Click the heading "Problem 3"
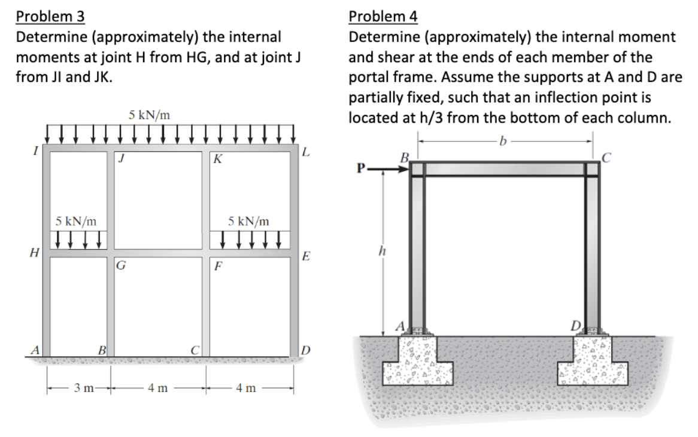click(50, 16)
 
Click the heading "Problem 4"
click(383, 16)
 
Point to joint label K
click(218, 159)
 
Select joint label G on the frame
click(120, 266)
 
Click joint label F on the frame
click(218, 266)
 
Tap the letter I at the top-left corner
click(35, 151)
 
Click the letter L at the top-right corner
click(305, 152)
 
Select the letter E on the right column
click(305, 257)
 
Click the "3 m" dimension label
click(84, 388)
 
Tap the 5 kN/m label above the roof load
click(150, 116)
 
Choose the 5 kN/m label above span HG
click(75, 221)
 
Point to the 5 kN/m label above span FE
click(248, 221)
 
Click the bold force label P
click(360, 168)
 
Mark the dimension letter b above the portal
click(503, 141)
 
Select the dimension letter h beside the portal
click(382, 251)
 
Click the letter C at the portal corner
click(606, 157)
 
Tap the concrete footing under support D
click(593, 361)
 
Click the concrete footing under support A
click(418, 361)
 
